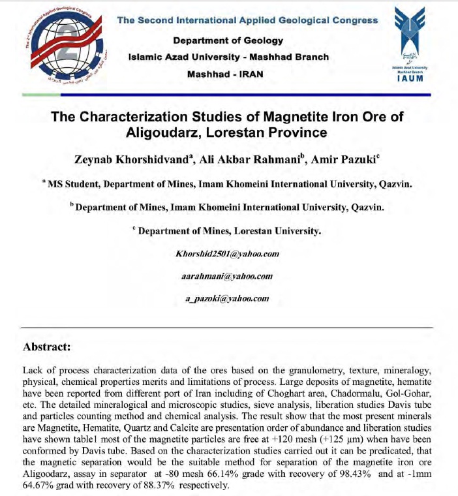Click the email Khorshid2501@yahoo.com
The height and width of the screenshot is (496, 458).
(x=228, y=253)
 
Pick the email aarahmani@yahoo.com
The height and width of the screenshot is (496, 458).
(x=226, y=275)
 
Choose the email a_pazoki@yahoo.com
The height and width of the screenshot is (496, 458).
(x=226, y=298)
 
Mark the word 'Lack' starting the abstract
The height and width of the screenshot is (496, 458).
(x=33, y=370)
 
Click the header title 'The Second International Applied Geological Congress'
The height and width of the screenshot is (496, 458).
(x=247, y=20)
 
